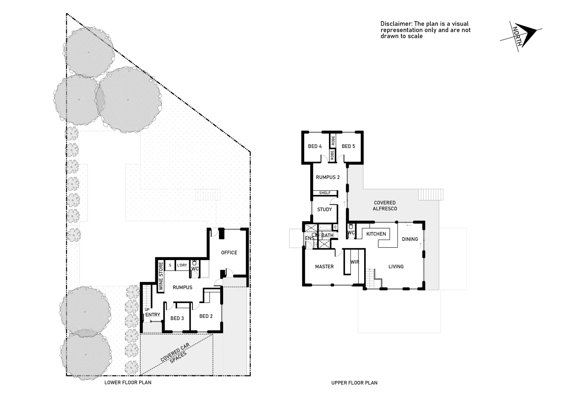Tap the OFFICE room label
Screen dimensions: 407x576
click(x=229, y=252)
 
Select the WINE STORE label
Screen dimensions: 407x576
click(x=161, y=276)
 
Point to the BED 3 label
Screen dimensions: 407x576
click(x=177, y=318)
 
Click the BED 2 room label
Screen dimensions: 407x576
click(x=206, y=316)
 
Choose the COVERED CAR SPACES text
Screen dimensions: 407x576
click(x=176, y=356)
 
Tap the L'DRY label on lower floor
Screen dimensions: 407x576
click(x=182, y=265)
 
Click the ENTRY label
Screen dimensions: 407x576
click(x=153, y=315)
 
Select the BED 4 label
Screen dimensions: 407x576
click(x=315, y=146)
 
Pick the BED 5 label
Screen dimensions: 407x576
click(x=348, y=146)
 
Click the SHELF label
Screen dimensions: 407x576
click(x=325, y=193)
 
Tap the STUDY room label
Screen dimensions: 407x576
click(x=324, y=210)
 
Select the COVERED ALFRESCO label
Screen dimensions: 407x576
click(x=385, y=206)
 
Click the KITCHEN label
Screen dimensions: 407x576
click(x=376, y=234)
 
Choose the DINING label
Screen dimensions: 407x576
click(x=410, y=239)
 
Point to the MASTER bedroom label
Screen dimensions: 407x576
click(x=324, y=266)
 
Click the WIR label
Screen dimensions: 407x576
click(x=354, y=262)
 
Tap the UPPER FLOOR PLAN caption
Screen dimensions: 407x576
click(x=354, y=383)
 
